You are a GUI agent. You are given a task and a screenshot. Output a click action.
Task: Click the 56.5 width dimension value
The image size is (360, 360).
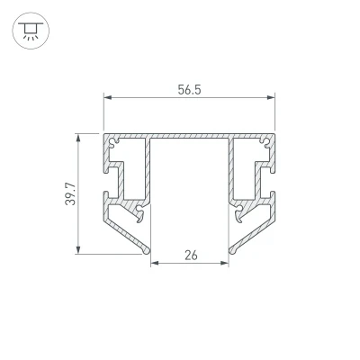click(189, 90)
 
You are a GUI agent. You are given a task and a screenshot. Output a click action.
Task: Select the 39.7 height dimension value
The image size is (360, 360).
click(71, 193)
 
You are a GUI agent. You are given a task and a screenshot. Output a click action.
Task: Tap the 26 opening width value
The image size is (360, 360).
click(191, 256)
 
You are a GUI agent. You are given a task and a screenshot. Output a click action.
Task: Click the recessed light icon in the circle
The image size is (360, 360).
click(31, 31)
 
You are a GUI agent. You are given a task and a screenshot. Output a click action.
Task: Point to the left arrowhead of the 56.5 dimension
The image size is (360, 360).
click(108, 97)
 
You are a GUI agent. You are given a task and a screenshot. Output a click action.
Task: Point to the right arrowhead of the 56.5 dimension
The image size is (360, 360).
click(271, 97)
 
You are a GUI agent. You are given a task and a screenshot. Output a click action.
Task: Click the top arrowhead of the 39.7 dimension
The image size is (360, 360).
click(78, 139)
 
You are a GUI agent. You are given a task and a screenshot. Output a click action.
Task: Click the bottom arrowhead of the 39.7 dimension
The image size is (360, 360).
click(78, 249)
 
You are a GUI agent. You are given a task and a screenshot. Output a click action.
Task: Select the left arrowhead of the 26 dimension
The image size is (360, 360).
click(155, 264)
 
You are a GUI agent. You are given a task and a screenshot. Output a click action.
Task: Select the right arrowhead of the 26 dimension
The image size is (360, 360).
click(225, 264)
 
